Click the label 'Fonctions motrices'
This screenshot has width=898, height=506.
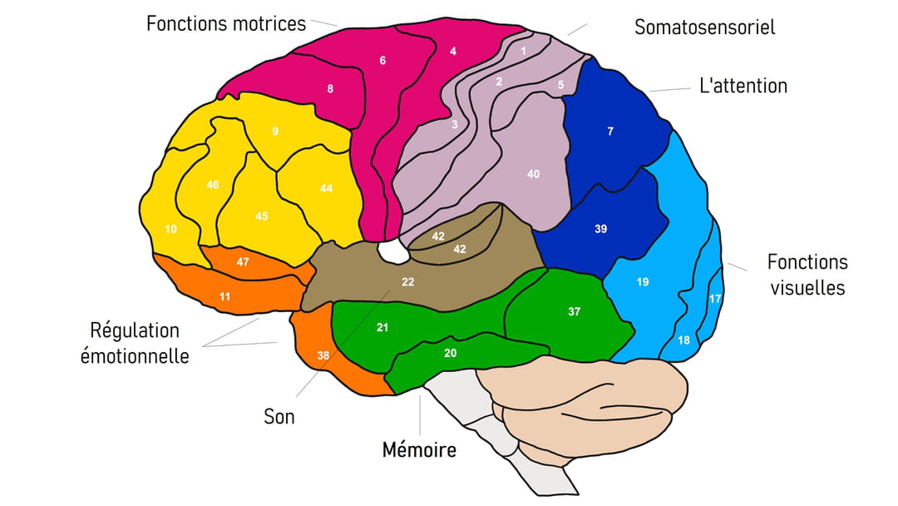click(x=226, y=23)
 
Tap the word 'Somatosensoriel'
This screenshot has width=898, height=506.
click(x=705, y=27)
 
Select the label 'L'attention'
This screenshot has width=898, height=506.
click(x=743, y=86)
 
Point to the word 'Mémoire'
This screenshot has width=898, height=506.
click(x=419, y=449)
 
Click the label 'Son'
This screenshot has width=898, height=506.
click(x=279, y=417)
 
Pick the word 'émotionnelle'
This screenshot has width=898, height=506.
click(x=135, y=356)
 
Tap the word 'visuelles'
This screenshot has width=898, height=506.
click(x=807, y=287)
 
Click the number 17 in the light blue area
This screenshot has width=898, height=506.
click(x=715, y=299)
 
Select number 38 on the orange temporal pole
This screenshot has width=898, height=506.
click(x=323, y=355)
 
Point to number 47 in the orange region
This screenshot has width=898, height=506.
click(x=243, y=262)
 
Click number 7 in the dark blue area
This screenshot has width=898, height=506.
click(x=610, y=131)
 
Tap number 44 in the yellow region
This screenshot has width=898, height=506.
click(x=326, y=188)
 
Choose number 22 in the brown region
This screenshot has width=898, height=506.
click(x=407, y=282)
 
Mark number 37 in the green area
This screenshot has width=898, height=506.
click(x=575, y=311)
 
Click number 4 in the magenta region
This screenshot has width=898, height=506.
click(x=453, y=51)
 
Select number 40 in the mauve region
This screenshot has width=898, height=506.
click(x=533, y=174)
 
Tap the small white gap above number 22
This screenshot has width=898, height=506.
click(x=392, y=251)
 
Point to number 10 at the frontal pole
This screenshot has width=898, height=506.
click(x=170, y=229)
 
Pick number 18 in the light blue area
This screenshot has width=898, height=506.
click(x=683, y=340)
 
